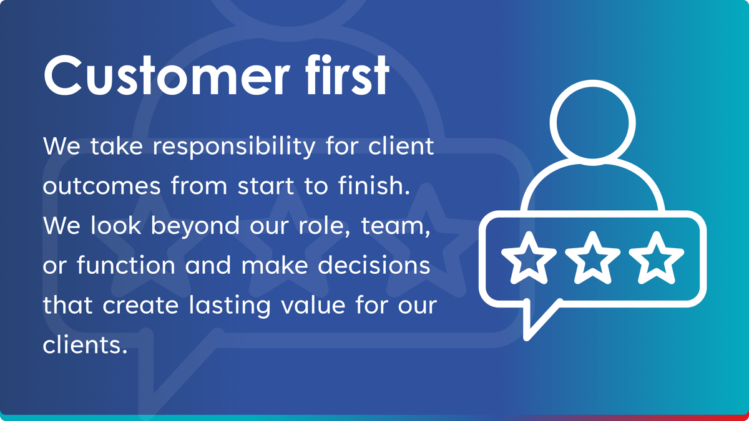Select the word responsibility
tap(234, 147)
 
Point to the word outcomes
tap(102, 186)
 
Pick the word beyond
tap(195, 226)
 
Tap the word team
tap(396, 226)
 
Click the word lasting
tap(230, 306)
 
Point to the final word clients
tap(85, 344)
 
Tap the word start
tap(266, 186)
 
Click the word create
tap(140, 305)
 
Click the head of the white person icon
tap(592, 123)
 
